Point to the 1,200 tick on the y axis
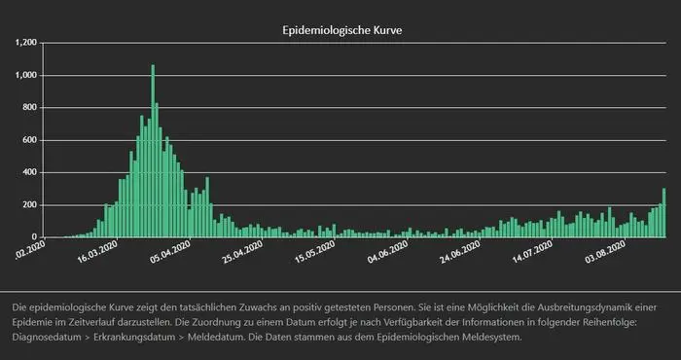[25, 43]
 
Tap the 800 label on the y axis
[29, 108]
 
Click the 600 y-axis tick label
[29, 140]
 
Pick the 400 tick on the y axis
[29, 172]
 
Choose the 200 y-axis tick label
[29, 205]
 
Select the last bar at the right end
[663, 214]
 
